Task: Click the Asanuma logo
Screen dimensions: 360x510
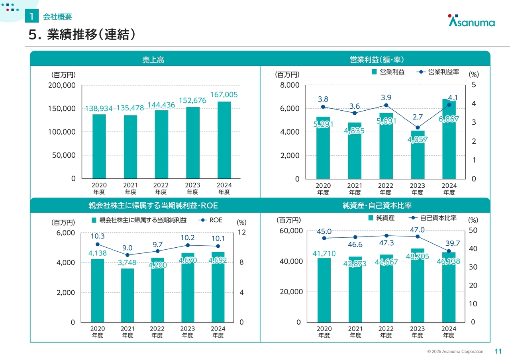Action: [471, 21]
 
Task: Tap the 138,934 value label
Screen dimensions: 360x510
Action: [99, 108]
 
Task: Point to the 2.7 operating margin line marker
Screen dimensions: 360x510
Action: [418, 128]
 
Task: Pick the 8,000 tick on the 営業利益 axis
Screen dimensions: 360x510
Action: [290, 85]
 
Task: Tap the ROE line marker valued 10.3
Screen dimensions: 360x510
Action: [98, 245]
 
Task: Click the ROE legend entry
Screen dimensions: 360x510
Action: [211, 220]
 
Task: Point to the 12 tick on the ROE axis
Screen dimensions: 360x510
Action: [242, 232]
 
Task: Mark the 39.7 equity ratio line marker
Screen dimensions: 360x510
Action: [449, 251]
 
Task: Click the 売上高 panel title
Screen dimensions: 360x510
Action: [153, 60]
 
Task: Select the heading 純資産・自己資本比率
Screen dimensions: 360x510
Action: [377, 206]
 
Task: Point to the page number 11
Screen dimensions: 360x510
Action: [498, 351]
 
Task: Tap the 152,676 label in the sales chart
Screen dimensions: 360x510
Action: [192, 101]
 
